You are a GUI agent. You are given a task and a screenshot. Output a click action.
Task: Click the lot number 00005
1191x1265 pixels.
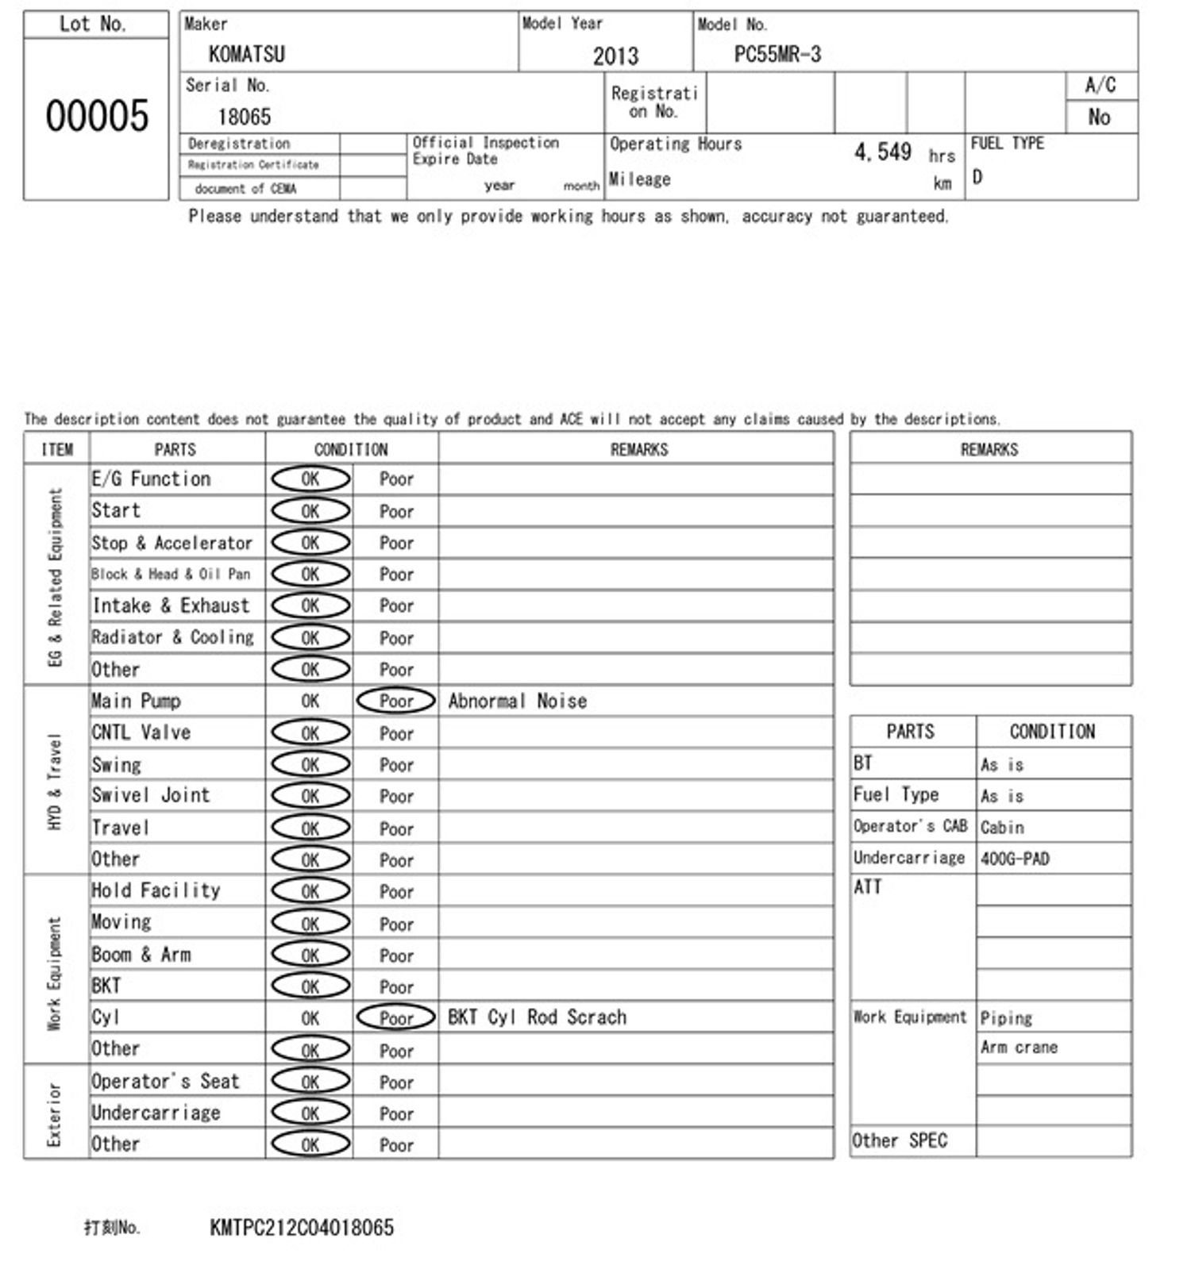coord(97,116)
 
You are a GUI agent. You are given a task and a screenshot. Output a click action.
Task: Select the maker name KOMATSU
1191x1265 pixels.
coord(246,54)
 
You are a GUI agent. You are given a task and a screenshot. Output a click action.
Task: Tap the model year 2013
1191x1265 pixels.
coord(615,56)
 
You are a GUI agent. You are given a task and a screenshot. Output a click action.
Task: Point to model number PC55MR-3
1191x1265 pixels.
coord(777,54)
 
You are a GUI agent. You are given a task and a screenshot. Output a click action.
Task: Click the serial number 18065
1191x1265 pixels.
coord(244,117)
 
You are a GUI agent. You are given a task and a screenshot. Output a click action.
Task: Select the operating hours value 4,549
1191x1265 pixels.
coord(882,152)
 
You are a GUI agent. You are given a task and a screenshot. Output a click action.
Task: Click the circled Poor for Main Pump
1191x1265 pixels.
coord(396,701)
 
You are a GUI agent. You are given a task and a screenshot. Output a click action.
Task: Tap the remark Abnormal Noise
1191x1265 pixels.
coord(518,701)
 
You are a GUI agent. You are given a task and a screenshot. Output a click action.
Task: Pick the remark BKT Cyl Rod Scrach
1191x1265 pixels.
coord(537,1017)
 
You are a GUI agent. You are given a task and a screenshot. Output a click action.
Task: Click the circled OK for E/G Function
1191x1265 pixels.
coord(310,479)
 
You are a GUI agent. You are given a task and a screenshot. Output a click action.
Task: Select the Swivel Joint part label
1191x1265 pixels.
coord(151,795)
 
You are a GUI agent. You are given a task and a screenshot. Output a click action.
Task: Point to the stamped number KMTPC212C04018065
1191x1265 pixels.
coord(302,1228)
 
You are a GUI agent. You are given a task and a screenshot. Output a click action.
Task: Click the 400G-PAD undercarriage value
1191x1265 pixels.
coord(1015,859)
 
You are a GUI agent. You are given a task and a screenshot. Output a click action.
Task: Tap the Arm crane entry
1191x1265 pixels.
coord(1019,1048)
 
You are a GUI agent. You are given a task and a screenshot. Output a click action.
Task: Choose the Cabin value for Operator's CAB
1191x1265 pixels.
coord(1002,827)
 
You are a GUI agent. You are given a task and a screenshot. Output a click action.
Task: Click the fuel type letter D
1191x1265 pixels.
coord(977,177)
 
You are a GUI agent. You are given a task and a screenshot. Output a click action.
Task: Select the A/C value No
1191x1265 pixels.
coord(1099,117)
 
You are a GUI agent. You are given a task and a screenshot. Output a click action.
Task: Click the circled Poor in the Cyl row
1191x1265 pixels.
coord(396,1017)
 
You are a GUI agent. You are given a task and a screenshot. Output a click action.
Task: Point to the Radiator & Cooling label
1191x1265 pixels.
coord(172,637)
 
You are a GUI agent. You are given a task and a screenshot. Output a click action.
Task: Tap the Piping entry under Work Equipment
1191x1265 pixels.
coord(1006,1017)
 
